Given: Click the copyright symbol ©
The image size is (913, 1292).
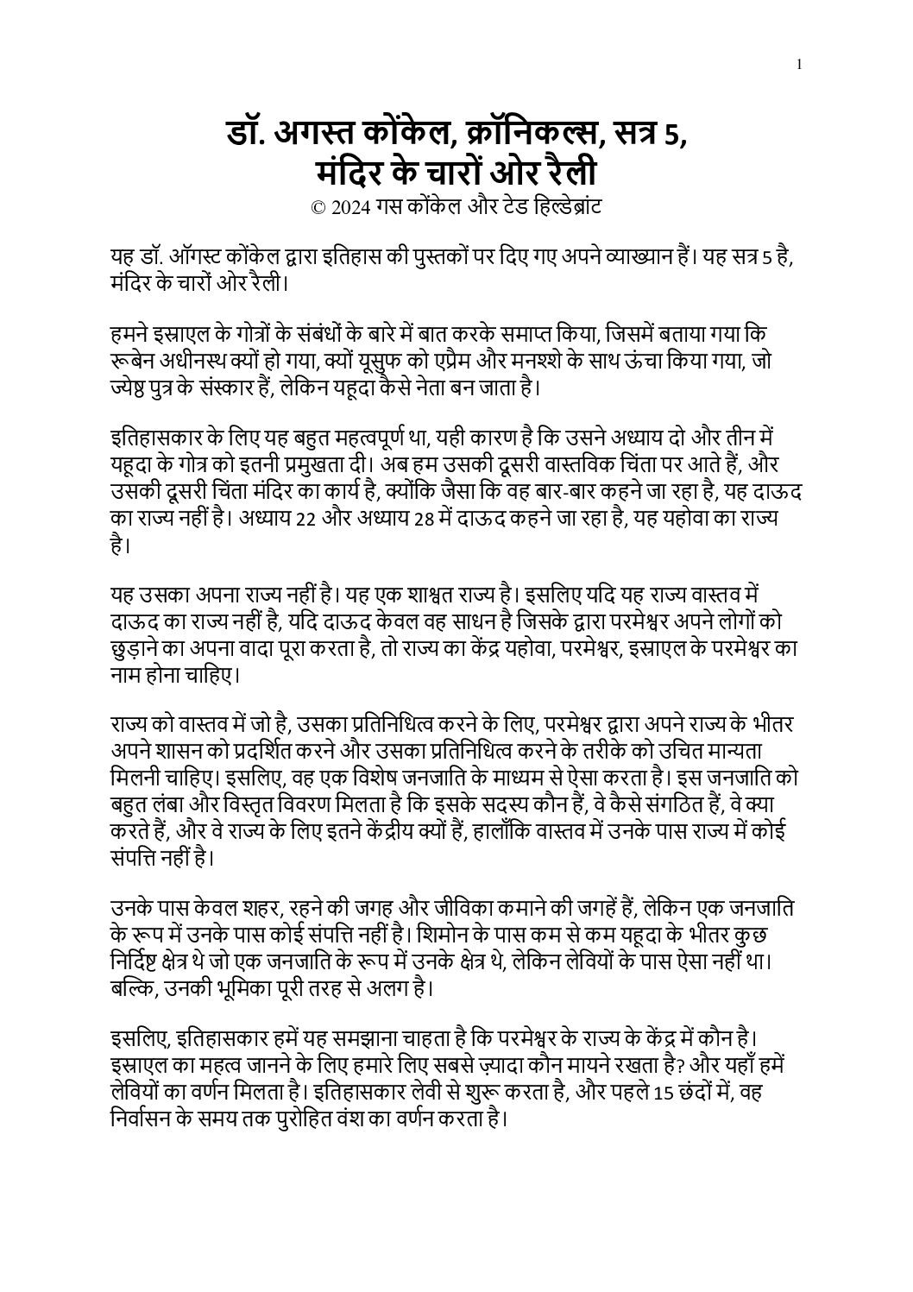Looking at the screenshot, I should (316, 208).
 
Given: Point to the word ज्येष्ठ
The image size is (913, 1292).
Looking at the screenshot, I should (131, 386).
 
